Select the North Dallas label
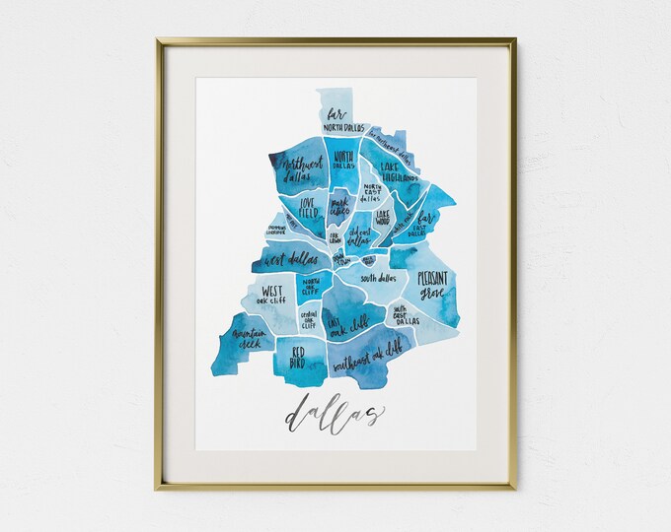click(x=343, y=161)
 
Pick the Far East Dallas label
click(x=425, y=223)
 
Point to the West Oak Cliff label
click(x=268, y=296)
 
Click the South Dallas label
click(x=378, y=280)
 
